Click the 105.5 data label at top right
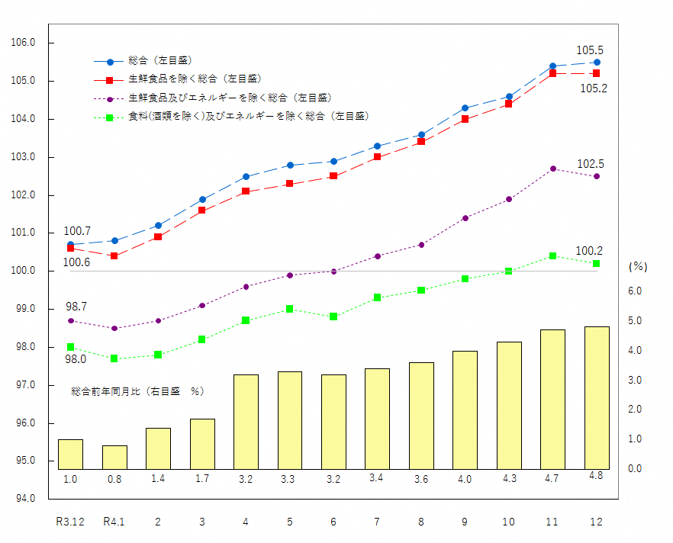tap(589, 50)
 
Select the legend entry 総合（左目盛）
tap(159, 60)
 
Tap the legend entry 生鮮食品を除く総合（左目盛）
tap(194, 79)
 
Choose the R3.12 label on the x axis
tap(70, 522)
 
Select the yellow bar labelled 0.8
tap(114, 457)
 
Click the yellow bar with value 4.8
tap(597, 397)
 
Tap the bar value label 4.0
tap(465, 479)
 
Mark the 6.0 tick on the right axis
tap(634, 291)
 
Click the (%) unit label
tap(638, 267)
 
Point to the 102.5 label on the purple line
tap(589, 164)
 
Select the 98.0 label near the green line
tap(76, 359)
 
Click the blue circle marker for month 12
tap(597, 62)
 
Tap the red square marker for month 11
tap(552, 73)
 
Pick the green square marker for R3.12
tap(70, 347)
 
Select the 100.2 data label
tap(589, 251)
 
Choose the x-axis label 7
tap(377, 522)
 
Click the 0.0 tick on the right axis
tap(634, 469)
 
